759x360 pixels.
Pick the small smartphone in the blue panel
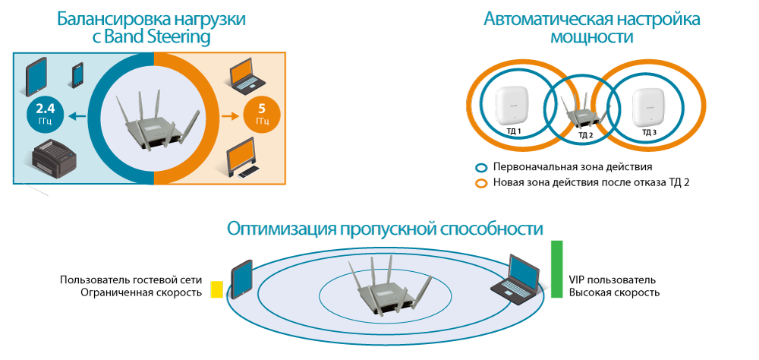pos(77,75)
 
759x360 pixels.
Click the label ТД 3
pos(649,131)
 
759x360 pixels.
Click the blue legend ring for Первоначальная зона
pos(480,166)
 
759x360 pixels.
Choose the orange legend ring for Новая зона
pos(480,183)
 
